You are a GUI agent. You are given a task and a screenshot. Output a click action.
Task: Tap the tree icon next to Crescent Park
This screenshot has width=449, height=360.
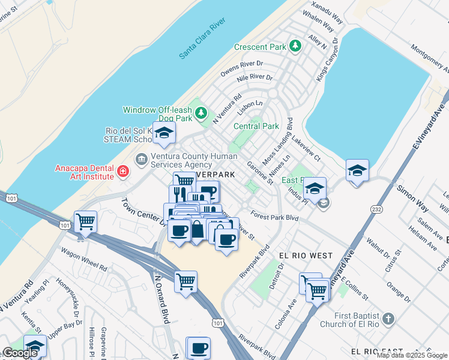click(295, 46)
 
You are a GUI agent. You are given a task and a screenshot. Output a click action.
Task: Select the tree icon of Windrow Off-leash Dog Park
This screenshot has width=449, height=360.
click(202, 112)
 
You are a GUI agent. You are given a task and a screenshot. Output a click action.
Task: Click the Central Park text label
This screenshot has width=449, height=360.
click(256, 127)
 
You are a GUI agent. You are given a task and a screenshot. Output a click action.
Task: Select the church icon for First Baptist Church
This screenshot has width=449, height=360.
click(388, 318)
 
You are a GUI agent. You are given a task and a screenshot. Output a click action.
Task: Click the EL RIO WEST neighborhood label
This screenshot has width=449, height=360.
click(306, 256)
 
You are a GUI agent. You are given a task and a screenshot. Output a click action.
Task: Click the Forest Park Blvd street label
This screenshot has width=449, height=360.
click(275, 215)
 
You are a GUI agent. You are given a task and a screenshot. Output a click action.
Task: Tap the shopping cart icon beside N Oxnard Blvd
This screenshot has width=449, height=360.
click(186, 280)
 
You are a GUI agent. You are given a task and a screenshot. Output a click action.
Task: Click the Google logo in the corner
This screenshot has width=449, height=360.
click(20, 353)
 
